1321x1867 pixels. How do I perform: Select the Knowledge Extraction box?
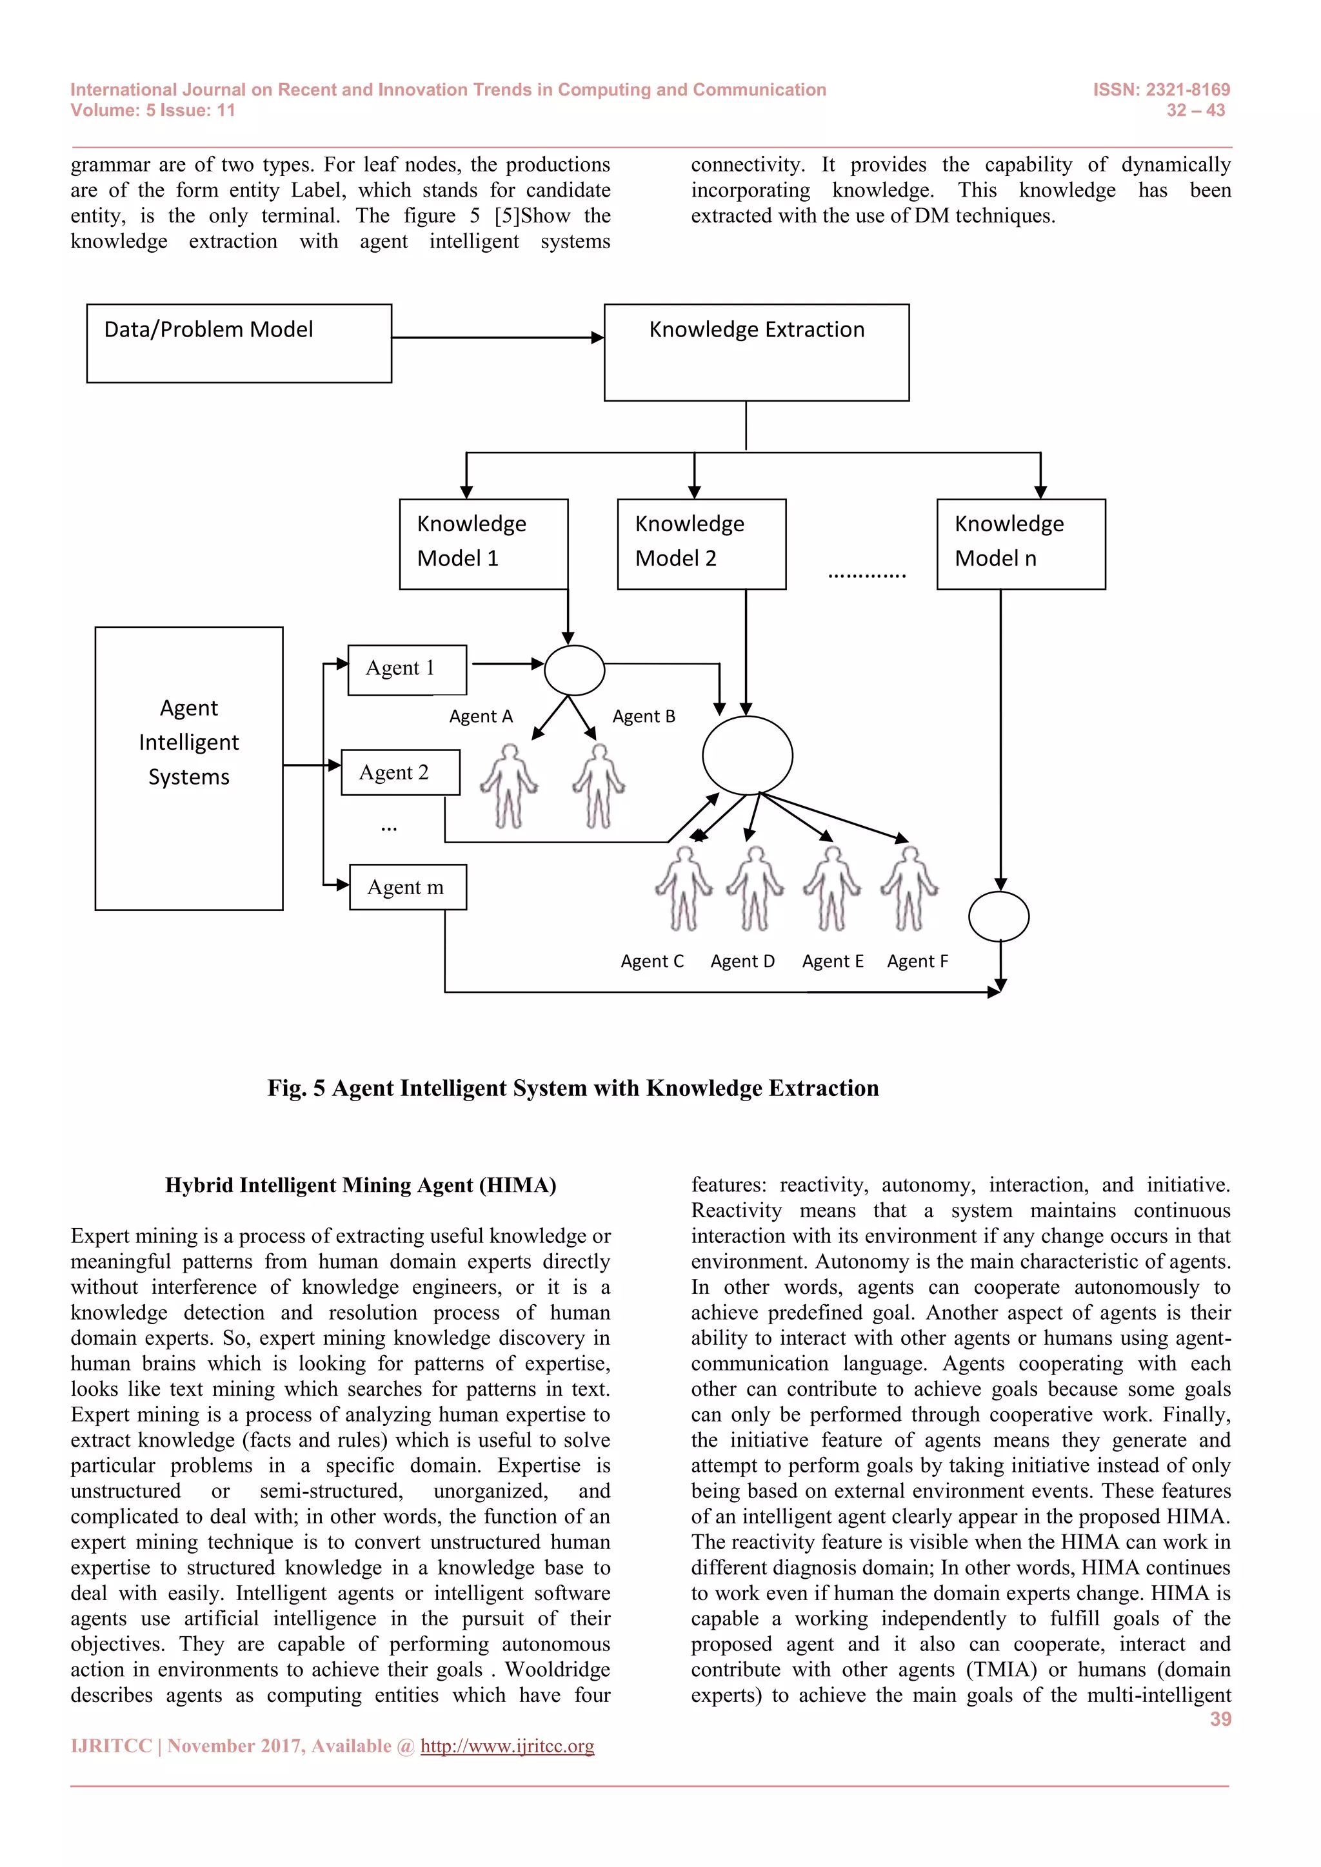coord(756,352)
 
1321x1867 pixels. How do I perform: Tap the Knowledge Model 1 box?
coord(483,543)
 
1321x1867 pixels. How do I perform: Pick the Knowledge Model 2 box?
coord(701,543)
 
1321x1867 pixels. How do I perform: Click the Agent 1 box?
coord(407,669)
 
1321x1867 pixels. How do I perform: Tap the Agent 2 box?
coord(399,772)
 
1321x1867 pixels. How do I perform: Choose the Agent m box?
coord(408,886)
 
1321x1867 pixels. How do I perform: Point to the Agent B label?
coord(644,716)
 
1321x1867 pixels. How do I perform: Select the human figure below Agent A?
coord(509,785)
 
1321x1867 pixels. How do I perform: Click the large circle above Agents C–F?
coord(747,756)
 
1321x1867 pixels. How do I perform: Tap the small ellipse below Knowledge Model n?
coord(999,917)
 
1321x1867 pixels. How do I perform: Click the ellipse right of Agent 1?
coord(574,670)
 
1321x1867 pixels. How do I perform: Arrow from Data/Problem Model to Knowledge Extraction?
coord(497,337)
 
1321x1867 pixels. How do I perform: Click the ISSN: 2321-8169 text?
coord(1161,90)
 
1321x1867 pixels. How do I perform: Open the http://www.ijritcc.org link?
coord(507,1746)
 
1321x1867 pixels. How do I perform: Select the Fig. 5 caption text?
coord(573,1088)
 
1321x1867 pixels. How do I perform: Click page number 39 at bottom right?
coord(1220,1719)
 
